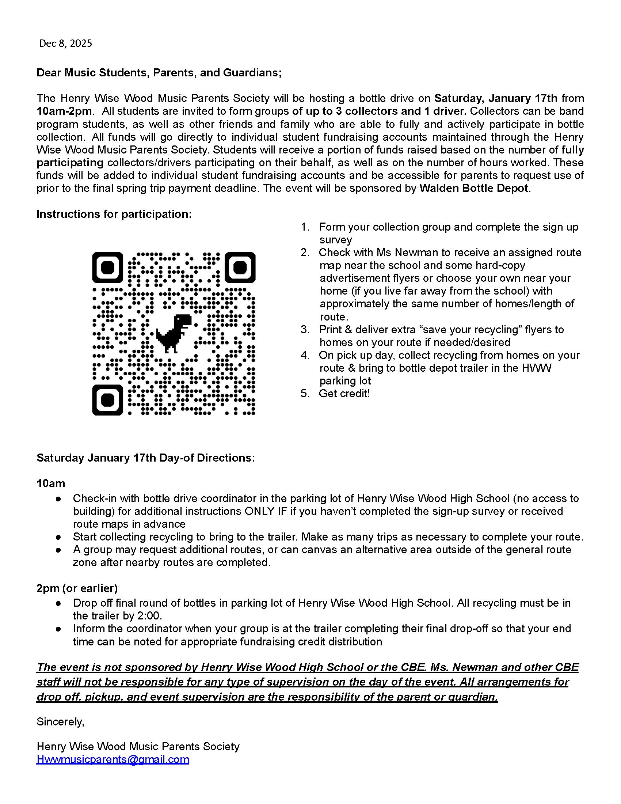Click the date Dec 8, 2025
pyautogui.click(x=65, y=43)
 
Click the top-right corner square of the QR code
pyautogui.click(x=240, y=268)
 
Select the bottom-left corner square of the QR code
pyautogui.click(x=107, y=400)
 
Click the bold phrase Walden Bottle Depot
pyautogui.click(x=474, y=188)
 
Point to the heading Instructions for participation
pyautogui.click(x=114, y=214)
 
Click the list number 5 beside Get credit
pyautogui.click(x=305, y=394)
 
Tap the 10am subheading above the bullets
pyautogui.click(x=51, y=483)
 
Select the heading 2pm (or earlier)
pyautogui.click(x=77, y=588)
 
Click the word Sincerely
pyautogui.click(x=60, y=722)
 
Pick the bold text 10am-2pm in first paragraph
pyautogui.click(x=65, y=111)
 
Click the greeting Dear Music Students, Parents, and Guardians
pyautogui.click(x=159, y=72)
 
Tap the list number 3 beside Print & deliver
pyautogui.click(x=305, y=330)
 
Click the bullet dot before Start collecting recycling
pyautogui.click(x=58, y=537)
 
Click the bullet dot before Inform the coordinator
pyautogui.click(x=58, y=629)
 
